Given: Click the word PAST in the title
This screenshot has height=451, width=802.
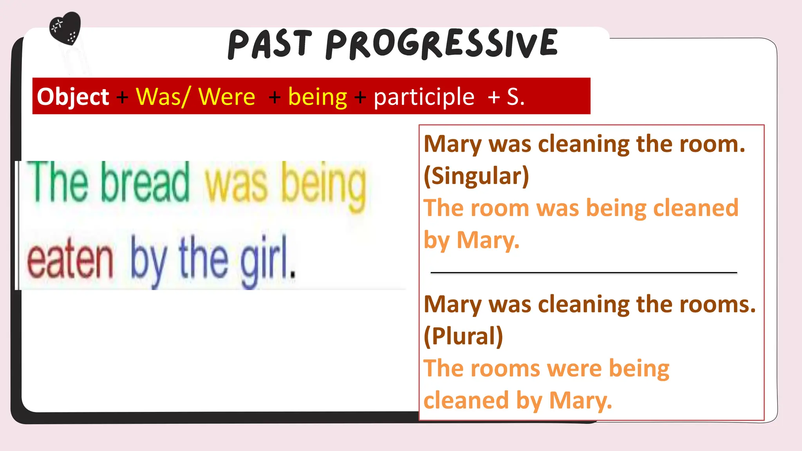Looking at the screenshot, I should pyautogui.click(x=270, y=45).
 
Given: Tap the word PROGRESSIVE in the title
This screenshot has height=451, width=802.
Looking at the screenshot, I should pyautogui.click(x=441, y=44).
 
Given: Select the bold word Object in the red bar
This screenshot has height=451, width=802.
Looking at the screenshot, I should pyautogui.click(x=73, y=97).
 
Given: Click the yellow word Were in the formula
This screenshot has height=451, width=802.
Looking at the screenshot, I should pyautogui.click(x=227, y=97).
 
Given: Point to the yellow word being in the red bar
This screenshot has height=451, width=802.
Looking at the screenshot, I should pyautogui.click(x=318, y=97).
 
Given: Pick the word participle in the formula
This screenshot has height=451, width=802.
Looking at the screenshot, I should pyautogui.click(x=424, y=97).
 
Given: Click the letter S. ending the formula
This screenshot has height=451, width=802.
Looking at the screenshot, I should pyautogui.click(x=515, y=97).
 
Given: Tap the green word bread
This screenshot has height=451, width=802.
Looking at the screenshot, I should pyautogui.click(x=145, y=182).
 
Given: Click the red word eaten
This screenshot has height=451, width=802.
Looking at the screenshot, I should pyautogui.click(x=70, y=260).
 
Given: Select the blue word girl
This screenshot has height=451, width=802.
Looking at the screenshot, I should pyautogui.click(x=267, y=260).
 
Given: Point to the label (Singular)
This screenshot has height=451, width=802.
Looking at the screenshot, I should pyautogui.click(x=476, y=176).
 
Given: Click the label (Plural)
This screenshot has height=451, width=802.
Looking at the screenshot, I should pyautogui.click(x=463, y=336).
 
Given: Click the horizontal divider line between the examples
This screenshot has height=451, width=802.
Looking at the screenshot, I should pyautogui.click(x=583, y=272).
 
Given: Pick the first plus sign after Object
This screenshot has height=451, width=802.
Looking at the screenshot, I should pyautogui.click(x=122, y=97).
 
